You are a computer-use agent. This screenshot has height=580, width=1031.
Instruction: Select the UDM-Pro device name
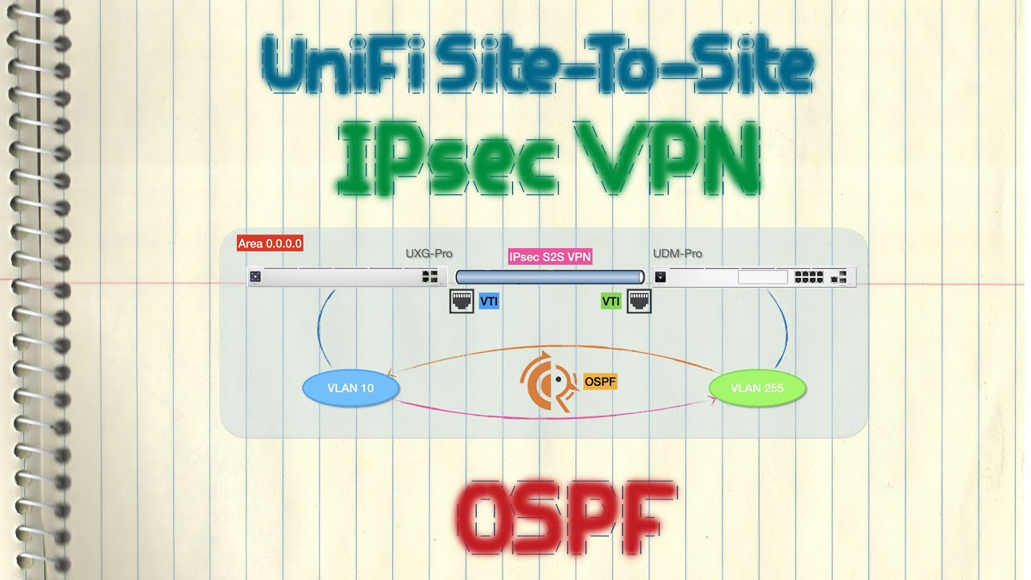click(677, 254)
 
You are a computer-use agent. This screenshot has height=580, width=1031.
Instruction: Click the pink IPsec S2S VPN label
click(550, 257)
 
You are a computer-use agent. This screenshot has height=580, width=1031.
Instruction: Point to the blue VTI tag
click(489, 301)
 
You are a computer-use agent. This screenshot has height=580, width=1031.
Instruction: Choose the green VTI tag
click(611, 301)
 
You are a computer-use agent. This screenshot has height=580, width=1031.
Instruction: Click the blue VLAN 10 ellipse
click(350, 388)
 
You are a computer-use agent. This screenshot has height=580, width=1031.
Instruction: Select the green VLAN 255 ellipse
click(757, 388)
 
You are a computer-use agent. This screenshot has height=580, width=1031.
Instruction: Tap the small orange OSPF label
click(599, 381)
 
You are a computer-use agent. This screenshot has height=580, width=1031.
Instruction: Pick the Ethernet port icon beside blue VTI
click(462, 301)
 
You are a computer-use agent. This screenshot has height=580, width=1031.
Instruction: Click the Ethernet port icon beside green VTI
click(639, 301)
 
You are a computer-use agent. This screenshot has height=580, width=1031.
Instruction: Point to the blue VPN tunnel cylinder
click(550, 276)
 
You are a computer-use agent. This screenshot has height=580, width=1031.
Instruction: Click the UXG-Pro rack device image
click(346, 277)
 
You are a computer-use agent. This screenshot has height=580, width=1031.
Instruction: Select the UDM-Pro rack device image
click(754, 277)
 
